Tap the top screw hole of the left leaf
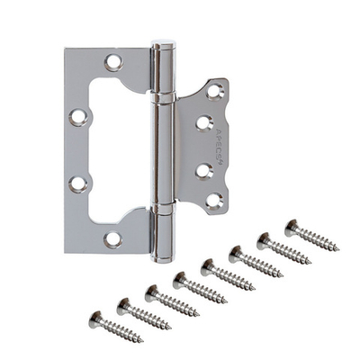pos(113,62)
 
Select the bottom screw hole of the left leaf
pos(112,238)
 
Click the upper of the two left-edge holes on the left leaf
pos(76,116)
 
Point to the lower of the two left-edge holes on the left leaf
pos(76,184)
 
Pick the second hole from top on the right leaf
pos(204,122)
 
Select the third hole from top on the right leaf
pos(204,167)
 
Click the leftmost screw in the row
pos(112,326)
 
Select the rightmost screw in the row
pos(310,236)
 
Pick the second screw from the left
pos(140,313)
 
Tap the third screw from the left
pos(168,300)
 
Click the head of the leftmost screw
pos(95,319)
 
